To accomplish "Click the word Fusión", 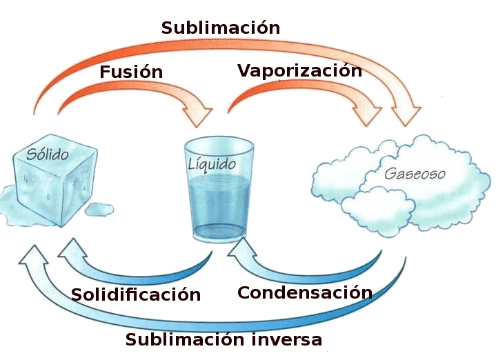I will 131,72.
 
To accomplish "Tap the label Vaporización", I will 299,70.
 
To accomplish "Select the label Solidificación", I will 136,294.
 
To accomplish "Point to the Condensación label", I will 304,292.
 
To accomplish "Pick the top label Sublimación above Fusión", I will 220,28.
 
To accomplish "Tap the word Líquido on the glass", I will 212,165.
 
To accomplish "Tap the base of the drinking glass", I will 219,235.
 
